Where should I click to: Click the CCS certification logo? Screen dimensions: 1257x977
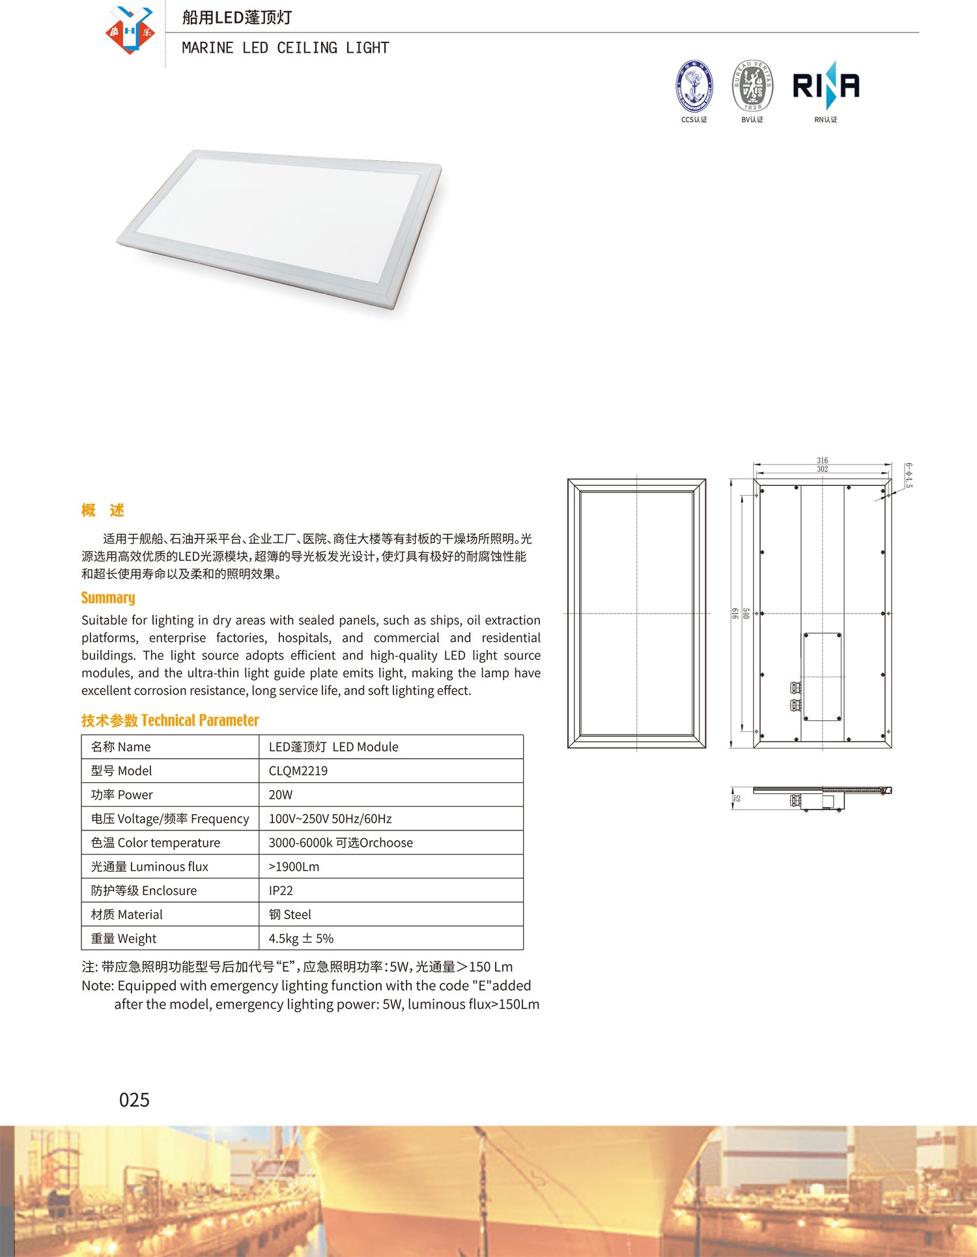694,87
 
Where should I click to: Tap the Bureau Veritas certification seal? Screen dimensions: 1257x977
752,87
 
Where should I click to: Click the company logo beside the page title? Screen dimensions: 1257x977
130,30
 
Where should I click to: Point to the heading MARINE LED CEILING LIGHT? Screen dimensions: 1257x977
285,48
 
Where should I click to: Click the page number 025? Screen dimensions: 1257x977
134,1100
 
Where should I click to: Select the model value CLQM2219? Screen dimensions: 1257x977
298,770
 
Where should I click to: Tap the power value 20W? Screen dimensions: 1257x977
281,795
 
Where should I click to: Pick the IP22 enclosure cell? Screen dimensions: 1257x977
281,890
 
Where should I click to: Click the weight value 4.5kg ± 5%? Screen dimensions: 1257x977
301,939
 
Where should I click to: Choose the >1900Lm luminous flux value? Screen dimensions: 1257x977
294,866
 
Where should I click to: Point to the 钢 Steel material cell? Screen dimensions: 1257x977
290,914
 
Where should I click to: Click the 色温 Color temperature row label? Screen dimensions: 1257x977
156,843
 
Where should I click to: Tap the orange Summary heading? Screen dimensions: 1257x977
108,598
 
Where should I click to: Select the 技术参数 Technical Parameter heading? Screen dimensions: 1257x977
170,720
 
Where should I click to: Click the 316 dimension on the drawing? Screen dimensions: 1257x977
823,460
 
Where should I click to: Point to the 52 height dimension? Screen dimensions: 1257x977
737,798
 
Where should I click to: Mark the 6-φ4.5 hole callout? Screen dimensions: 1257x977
909,475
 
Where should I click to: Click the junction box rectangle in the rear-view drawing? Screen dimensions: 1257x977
823,677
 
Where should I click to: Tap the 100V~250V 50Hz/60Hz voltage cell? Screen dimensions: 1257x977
330,819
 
